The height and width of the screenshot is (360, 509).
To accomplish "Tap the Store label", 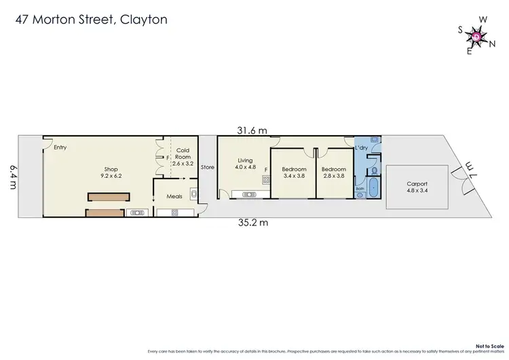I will click(208, 167).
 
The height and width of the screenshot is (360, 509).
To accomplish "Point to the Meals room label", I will click(174, 197).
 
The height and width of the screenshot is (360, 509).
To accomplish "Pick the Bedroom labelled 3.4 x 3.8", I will click(294, 173).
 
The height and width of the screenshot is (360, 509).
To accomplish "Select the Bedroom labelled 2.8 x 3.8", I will click(333, 173).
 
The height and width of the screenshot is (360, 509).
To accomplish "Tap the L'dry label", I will click(361, 147).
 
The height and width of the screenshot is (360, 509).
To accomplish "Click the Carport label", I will click(417, 187).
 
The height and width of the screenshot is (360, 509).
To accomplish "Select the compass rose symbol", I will click(476, 36).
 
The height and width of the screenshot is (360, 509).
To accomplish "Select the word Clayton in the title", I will click(144, 19).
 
